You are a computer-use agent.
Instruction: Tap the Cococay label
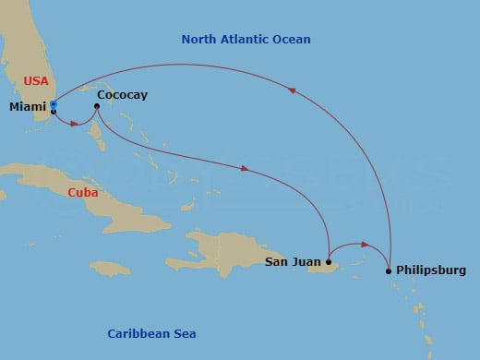[122, 94]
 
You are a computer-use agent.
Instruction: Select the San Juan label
[293, 262]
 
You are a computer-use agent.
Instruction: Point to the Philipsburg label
[431, 271]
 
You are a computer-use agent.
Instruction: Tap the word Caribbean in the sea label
[139, 333]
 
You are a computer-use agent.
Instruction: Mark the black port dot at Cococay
[97, 106]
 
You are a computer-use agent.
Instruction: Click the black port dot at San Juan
[329, 262]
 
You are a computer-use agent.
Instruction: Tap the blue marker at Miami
[54, 106]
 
